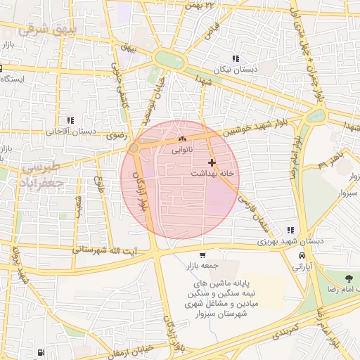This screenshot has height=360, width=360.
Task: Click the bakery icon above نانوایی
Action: [x=181, y=139]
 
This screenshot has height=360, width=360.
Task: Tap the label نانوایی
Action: [x=180, y=150]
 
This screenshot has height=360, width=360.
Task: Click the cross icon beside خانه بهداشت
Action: [x=212, y=162]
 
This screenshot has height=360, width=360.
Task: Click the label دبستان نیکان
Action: [x=236, y=70]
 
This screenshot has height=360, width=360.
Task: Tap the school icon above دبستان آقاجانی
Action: [x=70, y=120]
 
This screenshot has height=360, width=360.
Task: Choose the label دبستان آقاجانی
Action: [x=70, y=131]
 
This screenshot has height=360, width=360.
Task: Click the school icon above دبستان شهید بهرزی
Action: [x=290, y=230]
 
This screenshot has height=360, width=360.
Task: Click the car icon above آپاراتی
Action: [x=302, y=256]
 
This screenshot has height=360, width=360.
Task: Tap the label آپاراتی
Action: [x=302, y=267]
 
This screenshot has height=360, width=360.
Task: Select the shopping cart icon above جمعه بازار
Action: [x=202, y=255]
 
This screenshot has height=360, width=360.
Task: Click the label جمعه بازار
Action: [x=205, y=266]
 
